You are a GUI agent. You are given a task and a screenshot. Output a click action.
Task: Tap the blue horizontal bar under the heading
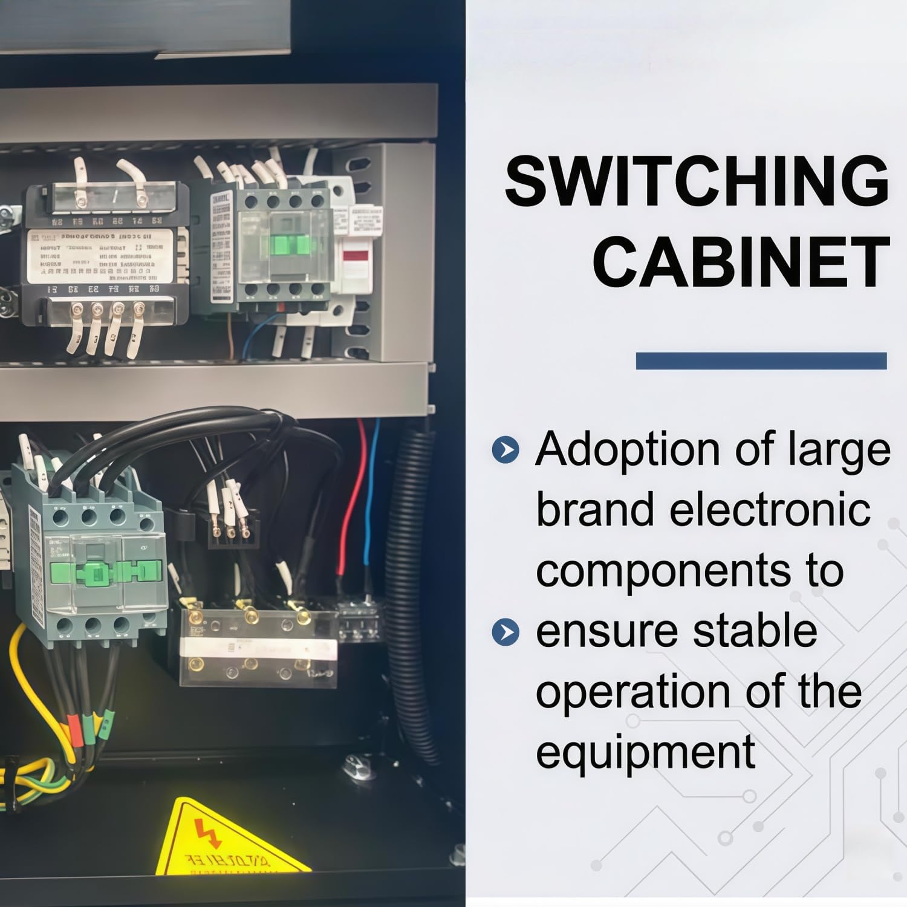point(761,361)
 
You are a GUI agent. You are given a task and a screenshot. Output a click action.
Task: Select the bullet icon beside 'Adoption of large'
point(506,450)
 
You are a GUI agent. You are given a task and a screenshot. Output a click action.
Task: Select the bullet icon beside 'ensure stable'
point(506,632)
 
